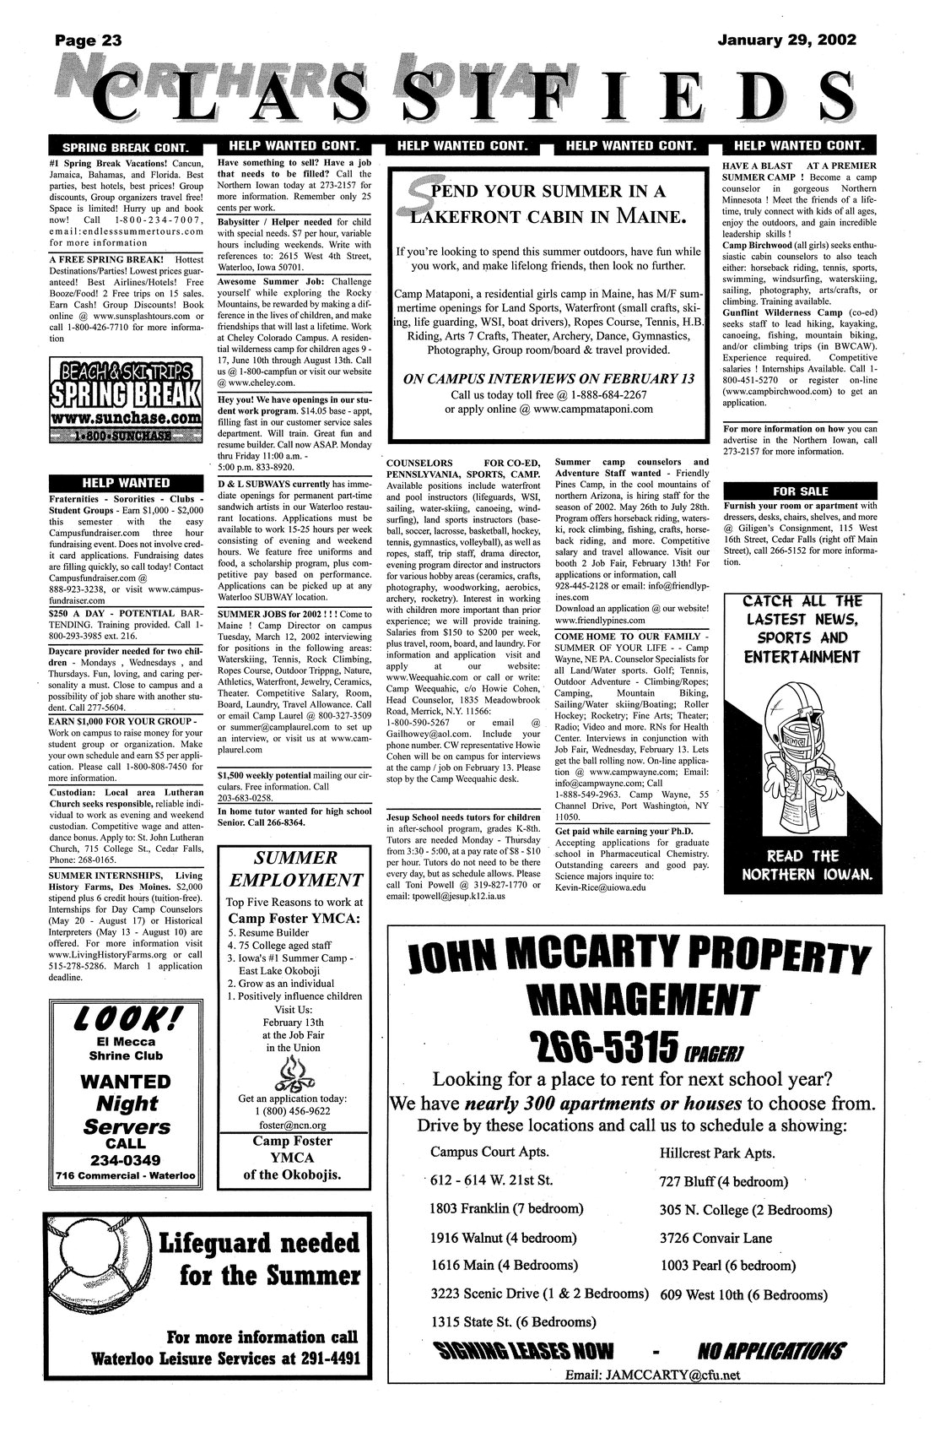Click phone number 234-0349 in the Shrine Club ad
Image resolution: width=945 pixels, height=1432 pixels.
pos(126,1159)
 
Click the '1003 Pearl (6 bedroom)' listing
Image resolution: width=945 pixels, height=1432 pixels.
pos(727,1265)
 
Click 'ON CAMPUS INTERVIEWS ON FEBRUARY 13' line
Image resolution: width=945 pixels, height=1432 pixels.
pos(549,379)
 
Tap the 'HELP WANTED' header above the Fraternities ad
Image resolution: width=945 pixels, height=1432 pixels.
pos(126,483)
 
